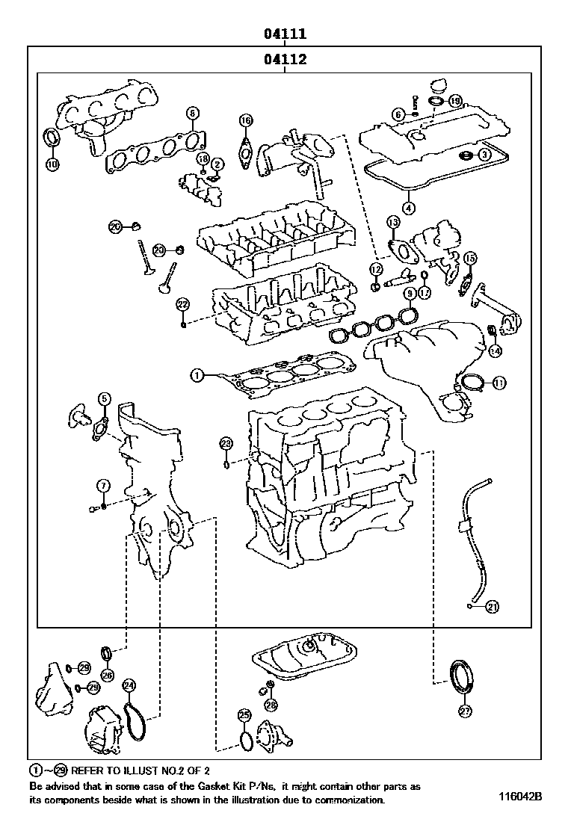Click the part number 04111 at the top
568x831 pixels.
pyautogui.click(x=285, y=34)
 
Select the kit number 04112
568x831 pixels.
pyautogui.click(x=285, y=60)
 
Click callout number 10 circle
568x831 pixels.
pyautogui.click(x=52, y=163)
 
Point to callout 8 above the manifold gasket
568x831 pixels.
pyautogui.click(x=192, y=114)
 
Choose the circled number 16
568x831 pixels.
pyautogui.click(x=246, y=121)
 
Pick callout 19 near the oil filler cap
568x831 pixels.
pyautogui.click(x=455, y=100)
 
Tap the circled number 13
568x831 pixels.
pyautogui.click(x=393, y=222)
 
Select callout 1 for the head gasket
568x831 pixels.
pyautogui.click(x=197, y=375)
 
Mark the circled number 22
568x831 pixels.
pyautogui.click(x=182, y=303)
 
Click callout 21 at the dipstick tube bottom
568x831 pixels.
pyautogui.click(x=491, y=606)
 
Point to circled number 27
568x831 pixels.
pyautogui.click(x=465, y=711)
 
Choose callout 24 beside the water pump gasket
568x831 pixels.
pyautogui.click(x=129, y=685)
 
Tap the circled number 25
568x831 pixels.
pyautogui.click(x=244, y=715)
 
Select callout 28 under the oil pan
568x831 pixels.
pyautogui.click(x=271, y=704)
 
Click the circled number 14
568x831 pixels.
pyautogui.click(x=496, y=349)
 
